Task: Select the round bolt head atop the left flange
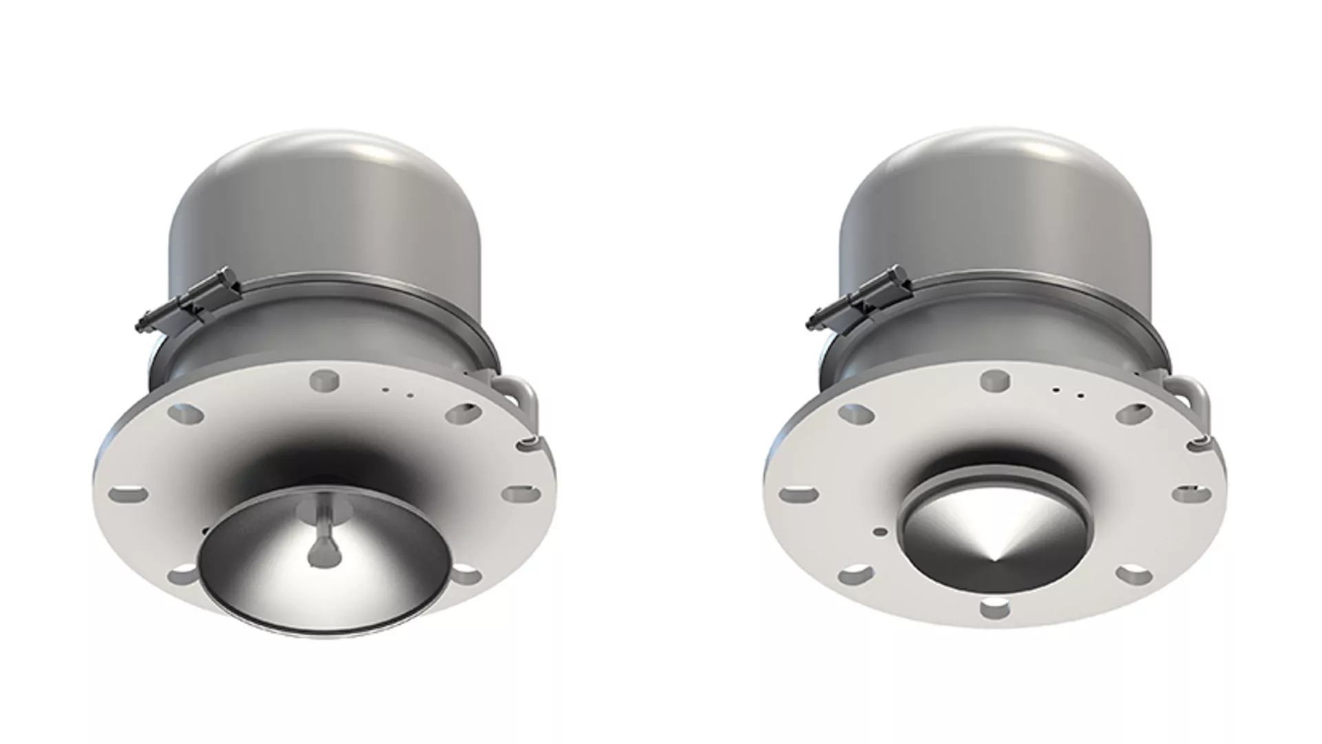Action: [x=325, y=380]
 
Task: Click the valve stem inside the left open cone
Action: [x=318, y=544]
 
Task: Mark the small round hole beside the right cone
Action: [x=879, y=532]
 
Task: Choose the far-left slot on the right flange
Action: [x=799, y=493]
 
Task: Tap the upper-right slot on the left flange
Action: [x=463, y=414]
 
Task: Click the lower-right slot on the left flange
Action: [x=468, y=575]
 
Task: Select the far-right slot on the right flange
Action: [x=1191, y=493]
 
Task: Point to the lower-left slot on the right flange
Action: [x=854, y=573]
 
